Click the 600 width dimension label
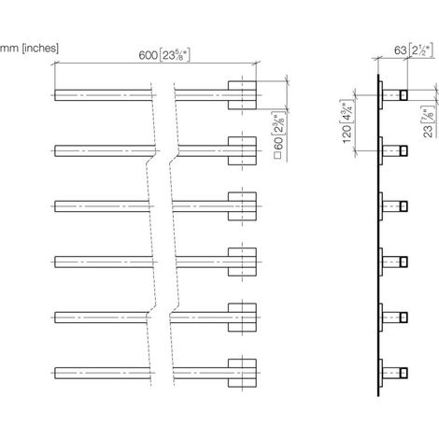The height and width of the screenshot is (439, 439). [164, 55]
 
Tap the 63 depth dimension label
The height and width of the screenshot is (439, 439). [414, 50]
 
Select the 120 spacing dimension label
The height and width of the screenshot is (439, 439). [347, 121]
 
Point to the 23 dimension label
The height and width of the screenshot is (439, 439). [429, 121]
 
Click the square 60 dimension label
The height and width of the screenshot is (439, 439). [279, 136]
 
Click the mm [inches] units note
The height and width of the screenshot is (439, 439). [29, 49]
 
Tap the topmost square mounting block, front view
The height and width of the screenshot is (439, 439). [242, 95]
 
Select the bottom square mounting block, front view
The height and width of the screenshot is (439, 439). [242, 373]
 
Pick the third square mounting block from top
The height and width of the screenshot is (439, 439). [242, 206]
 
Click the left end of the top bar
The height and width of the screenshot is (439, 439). [55, 95]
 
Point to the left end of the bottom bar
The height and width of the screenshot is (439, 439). [55, 373]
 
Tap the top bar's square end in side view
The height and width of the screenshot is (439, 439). [404, 95]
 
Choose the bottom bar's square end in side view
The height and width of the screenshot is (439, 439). [404, 373]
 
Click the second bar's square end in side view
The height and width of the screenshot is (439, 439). [404, 150]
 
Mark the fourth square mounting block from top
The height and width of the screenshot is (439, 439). [242, 262]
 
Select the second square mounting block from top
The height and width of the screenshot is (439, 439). [242, 150]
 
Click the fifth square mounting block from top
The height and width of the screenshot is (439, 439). [242, 318]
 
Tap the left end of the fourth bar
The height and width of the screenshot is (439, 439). [55, 262]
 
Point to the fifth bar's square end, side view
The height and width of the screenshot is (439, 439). [404, 318]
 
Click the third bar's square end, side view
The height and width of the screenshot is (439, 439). [404, 206]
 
